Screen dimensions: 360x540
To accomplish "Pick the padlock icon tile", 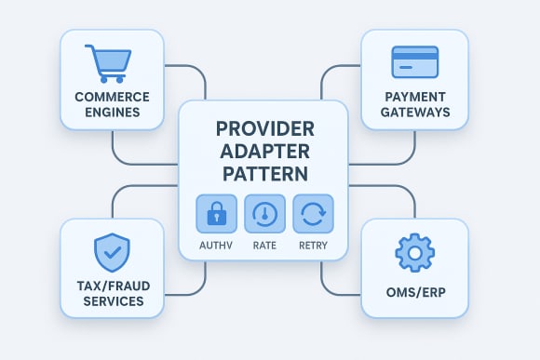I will tap(216, 214).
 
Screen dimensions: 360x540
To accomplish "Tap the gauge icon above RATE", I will tap(264, 214).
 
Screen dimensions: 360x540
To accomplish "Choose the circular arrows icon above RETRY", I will tap(313, 214).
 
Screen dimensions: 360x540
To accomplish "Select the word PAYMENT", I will tap(415, 97).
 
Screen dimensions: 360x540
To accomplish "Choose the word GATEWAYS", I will tap(415, 113).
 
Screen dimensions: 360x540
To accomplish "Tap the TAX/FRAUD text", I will tap(110, 285).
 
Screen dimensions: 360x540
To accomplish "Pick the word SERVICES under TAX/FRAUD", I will tap(110, 301).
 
